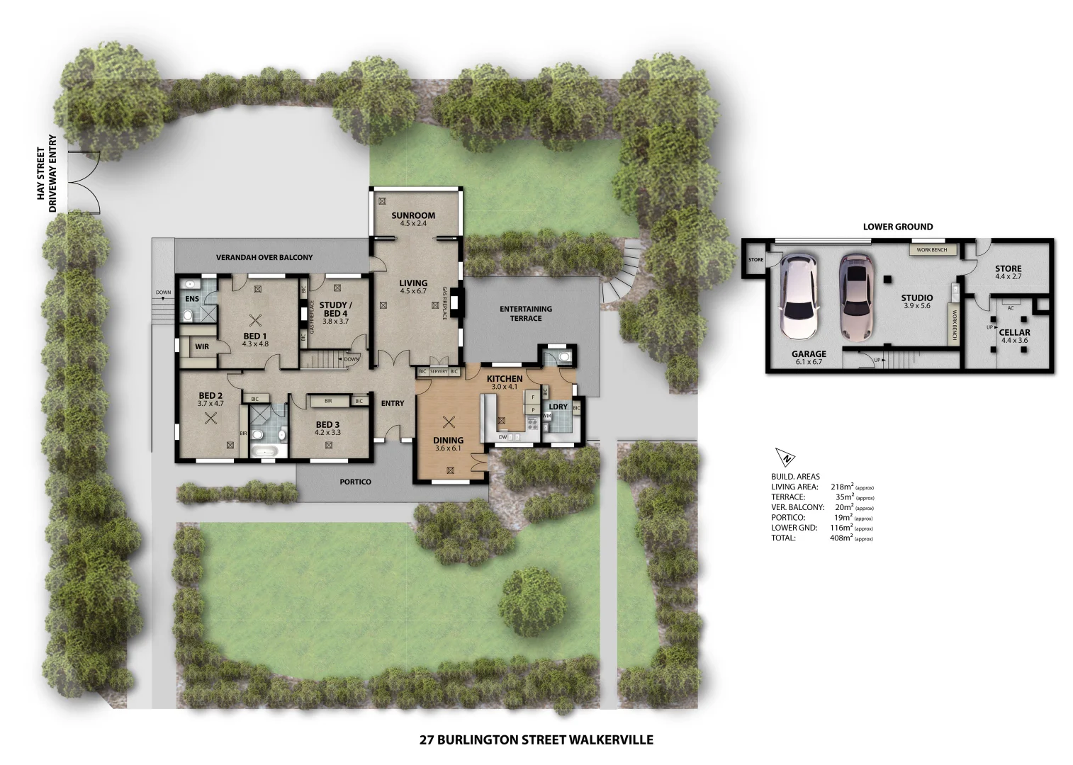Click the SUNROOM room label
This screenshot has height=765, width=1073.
pos(413,215)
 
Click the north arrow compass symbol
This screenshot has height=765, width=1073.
pos(785,458)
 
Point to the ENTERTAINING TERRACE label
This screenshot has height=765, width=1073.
pos(525,313)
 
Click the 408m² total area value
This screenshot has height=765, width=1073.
pos(841,538)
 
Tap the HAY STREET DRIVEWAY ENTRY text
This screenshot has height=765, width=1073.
pos(46,174)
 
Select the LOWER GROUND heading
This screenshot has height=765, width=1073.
pos(897,227)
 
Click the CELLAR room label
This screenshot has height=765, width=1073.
pos(1014,332)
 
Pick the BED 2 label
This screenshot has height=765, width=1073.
pos(210,396)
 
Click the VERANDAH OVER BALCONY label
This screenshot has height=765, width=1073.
pos(264,258)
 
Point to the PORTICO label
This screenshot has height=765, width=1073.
pos(355,482)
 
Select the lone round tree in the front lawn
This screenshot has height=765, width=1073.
pos(533,603)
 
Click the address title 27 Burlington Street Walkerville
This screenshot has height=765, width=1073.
pos(536,740)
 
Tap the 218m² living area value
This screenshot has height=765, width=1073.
pos(841,487)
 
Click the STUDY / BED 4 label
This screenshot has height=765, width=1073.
pos(335,310)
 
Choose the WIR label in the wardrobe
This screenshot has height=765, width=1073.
pos(202,346)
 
